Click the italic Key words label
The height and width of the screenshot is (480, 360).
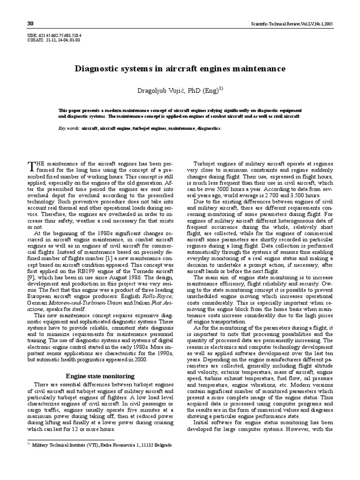pos(68,127)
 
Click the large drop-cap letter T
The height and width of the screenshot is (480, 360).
pos(31,165)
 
